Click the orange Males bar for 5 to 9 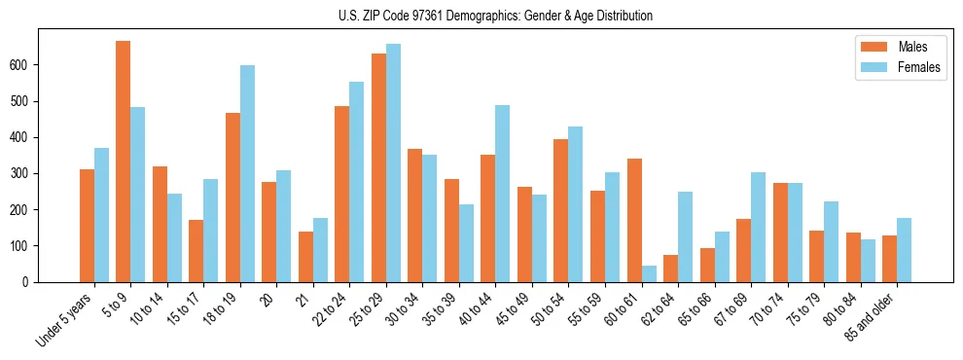coord(124,162)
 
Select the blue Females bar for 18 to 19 coord(247,174)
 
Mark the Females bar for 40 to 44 coord(503,194)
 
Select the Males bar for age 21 coord(305,257)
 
